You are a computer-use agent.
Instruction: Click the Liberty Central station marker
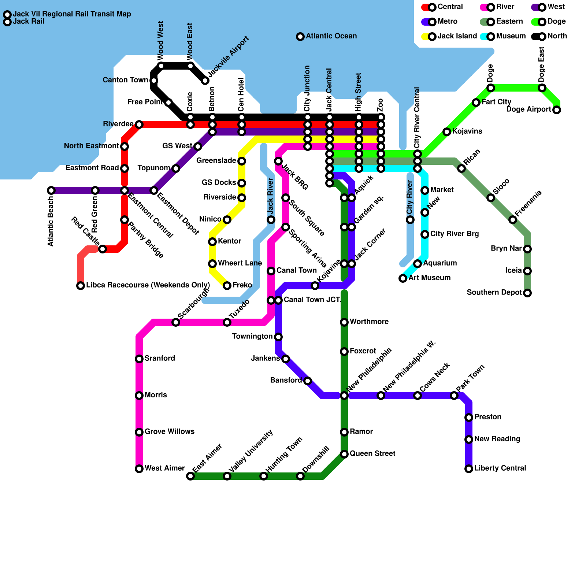(x=469, y=469)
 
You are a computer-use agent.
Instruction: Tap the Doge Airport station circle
(x=557, y=110)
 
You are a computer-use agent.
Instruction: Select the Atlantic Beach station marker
(x=51, y=190)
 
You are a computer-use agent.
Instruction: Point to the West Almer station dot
(x=139, y=469)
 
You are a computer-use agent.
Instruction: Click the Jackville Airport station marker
(x=205, y=81)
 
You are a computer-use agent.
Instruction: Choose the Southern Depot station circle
(x=527, y=293)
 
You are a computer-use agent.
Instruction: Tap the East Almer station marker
(x=190, y=476)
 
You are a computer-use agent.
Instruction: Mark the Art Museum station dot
(x=403, y=278)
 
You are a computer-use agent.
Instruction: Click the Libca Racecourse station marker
(x=81, y=286)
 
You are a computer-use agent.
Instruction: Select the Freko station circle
(x=227, y=286)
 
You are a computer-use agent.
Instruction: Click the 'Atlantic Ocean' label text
(x=331, y=36)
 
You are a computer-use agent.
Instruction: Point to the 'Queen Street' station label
(x=372, y=454)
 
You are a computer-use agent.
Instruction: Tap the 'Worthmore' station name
(x=369, y=322)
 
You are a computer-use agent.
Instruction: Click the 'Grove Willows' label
(x=170, y=432)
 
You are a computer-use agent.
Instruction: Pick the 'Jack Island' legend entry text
(x=457, y=36)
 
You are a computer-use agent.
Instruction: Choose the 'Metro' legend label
(x=447, y=22)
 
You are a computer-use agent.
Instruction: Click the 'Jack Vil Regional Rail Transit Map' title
(x=72, y=14)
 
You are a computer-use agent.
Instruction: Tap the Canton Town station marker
(x=154, y=81)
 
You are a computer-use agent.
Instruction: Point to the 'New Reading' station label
(x=497, y=439)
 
